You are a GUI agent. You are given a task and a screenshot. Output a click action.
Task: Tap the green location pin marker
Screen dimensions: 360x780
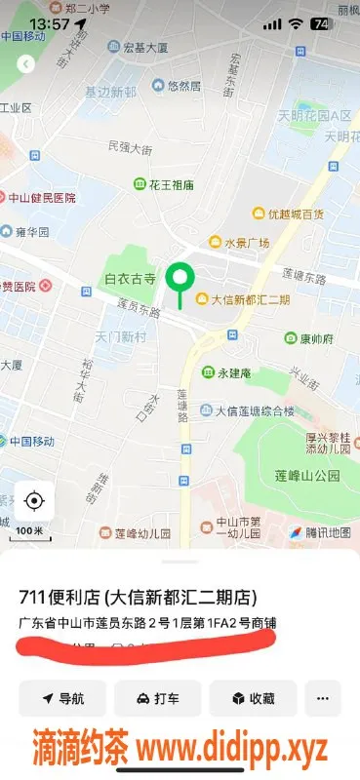click(179, 279)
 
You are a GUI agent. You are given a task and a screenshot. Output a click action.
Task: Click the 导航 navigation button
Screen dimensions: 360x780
click(62, 698)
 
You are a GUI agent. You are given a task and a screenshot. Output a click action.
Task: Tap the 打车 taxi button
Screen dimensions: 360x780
click(157, 698)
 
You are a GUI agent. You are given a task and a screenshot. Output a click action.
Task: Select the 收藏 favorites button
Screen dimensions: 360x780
click(252, 698)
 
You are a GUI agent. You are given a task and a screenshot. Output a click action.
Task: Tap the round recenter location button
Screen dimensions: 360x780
click(34, 501)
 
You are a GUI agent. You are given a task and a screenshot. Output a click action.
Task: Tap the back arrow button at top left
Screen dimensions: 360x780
click(26, 64)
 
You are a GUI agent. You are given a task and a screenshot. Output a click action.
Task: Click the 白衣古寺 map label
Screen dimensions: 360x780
click(130, 279)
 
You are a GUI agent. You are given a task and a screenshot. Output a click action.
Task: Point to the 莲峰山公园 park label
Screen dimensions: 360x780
click(306, 476)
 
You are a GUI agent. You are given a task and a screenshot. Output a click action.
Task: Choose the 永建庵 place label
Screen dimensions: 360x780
click(226, 373)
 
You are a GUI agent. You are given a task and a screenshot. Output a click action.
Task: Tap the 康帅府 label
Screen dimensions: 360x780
click(309, 338)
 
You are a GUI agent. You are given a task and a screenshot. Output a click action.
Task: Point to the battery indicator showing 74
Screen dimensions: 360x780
click(320, 22)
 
